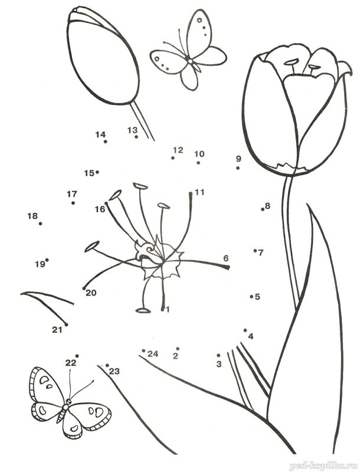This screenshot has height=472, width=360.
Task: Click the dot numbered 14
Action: click(x=106, y=142)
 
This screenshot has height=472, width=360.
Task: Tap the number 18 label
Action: click(x=32, y=216)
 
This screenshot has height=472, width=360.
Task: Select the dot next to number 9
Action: click(x=238, y=168)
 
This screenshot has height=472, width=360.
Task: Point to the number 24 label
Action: click(x=153, y=353)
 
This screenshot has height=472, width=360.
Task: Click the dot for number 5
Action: click(x=251, y=297)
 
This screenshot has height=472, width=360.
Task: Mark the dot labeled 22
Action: click(x=77, y=356)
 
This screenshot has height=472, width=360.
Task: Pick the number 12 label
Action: click(x=178, y=150)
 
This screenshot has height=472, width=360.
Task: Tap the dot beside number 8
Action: click(x=263, y=209)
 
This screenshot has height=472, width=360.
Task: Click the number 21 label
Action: click(x=57, y=330)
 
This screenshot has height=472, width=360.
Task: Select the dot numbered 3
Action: click(x=218, y=356)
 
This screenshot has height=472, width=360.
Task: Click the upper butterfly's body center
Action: click(x=190, y=61)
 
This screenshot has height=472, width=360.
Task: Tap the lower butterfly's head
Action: click(x=68, y=401)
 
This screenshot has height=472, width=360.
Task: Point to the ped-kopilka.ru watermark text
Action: click(x=324, y=466)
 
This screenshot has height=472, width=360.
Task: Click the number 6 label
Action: click(x=226, y=258)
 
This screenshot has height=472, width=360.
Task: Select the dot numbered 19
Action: click(x=47, y=260)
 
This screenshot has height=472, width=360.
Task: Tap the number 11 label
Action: click(x=199, y=192)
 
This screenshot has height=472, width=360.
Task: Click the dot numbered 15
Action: click(x=97, y=172)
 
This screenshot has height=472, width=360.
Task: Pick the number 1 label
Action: click(x=168, y=309)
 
